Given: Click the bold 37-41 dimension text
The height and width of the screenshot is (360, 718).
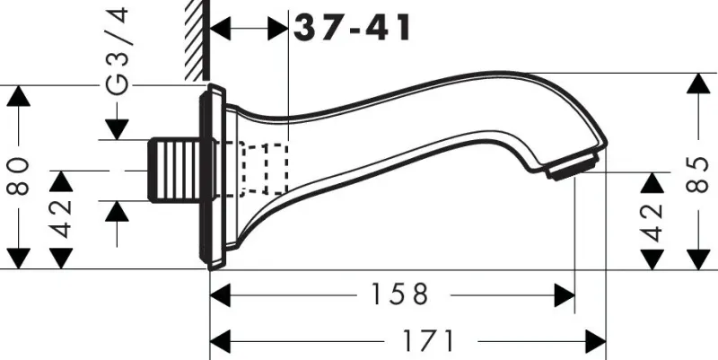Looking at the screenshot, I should click(353, 28).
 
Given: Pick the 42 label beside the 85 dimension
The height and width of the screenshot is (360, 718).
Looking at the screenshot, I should click(652, 221).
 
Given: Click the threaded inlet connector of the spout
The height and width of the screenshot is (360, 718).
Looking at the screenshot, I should click(176, 169).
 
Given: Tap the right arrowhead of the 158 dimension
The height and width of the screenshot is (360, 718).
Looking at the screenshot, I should click(565, 294).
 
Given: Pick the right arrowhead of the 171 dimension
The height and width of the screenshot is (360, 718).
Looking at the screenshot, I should click(597, 341).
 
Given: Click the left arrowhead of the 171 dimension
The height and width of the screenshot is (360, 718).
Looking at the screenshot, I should click(220, 341).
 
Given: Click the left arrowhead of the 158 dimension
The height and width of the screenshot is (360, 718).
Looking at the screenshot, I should click(220, 294).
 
